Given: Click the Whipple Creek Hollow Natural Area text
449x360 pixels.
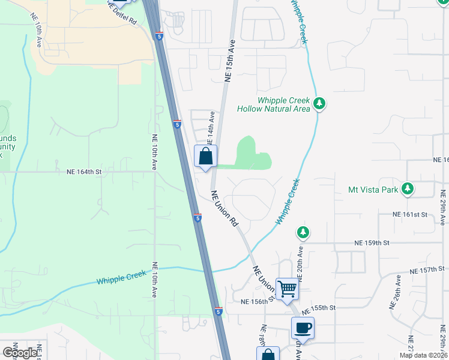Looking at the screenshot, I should point(274,105).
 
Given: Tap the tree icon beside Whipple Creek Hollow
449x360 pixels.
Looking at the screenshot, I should point(320,104).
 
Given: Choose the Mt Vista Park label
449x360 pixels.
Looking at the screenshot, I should point(373,190).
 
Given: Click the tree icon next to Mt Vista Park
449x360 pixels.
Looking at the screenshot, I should point(408,190).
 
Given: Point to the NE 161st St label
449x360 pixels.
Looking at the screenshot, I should point(409,214).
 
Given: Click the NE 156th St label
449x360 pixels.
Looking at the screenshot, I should point(257,302).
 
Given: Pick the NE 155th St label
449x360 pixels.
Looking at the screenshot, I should point(318,307).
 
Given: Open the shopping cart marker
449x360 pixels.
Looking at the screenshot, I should point(287,289).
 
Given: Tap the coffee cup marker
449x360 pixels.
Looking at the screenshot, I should point(303,328).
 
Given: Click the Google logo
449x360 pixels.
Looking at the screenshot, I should point(20,352).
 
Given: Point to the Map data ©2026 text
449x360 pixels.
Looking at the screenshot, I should point(423,355).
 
